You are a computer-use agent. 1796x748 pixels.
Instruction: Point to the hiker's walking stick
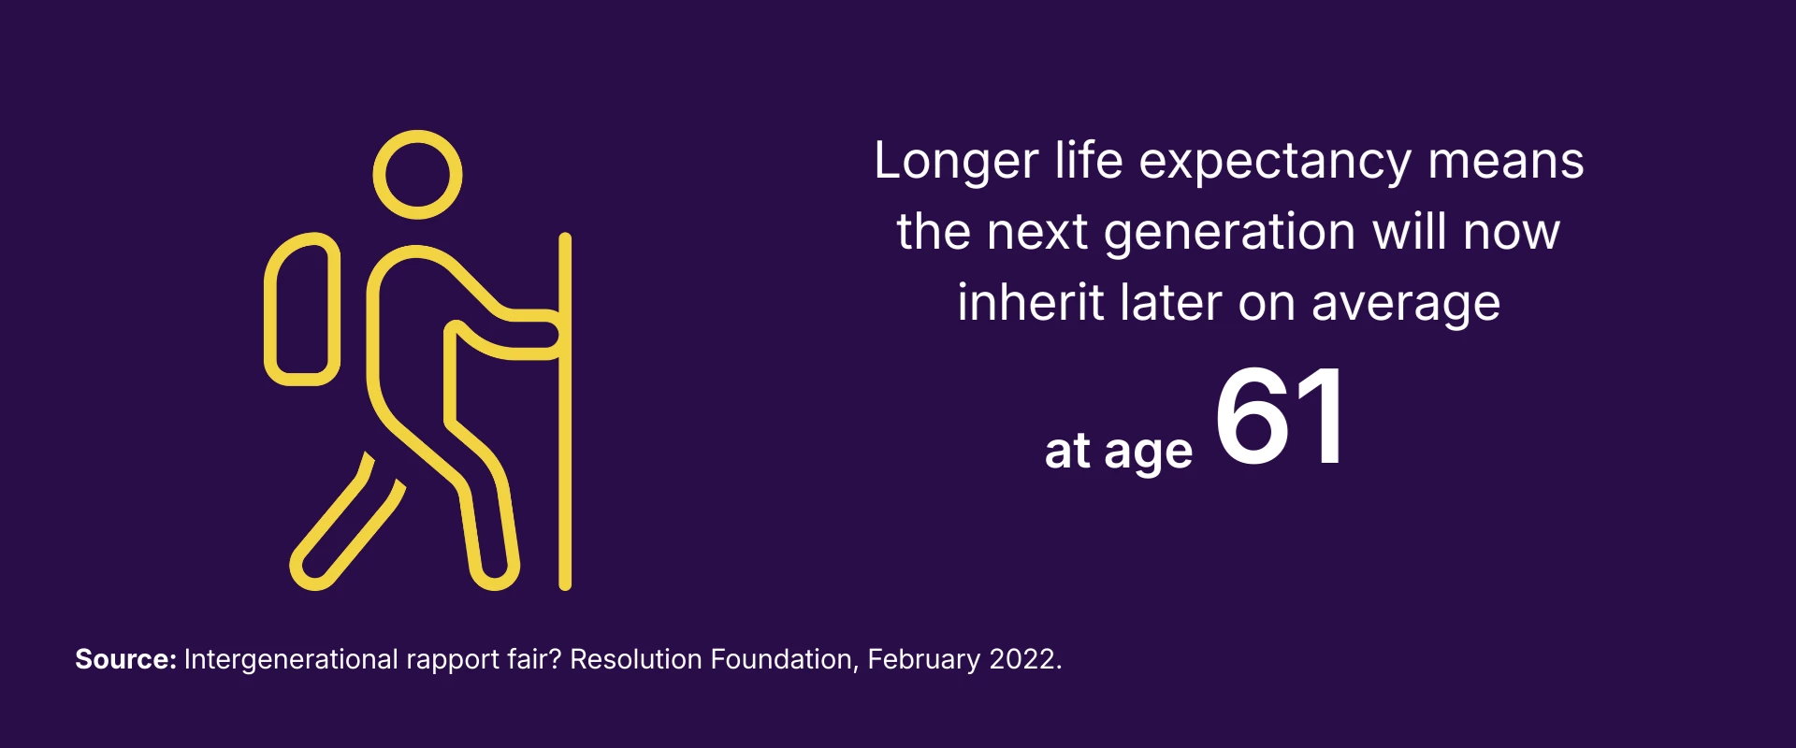coord(565,411)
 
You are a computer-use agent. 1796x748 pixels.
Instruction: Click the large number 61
coord(1280,416)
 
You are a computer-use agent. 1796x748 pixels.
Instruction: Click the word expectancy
coord(1274,162)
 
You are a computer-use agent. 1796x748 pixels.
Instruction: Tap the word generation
coord(1229,232)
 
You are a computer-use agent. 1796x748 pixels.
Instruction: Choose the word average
coord(1406,305)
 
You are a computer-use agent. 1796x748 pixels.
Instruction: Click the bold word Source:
coord(125,659)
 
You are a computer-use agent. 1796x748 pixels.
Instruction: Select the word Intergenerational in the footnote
coord(291,660)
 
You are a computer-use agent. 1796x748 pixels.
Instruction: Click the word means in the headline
coord(1506,162)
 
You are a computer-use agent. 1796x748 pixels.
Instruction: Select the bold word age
coord(1149,453)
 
